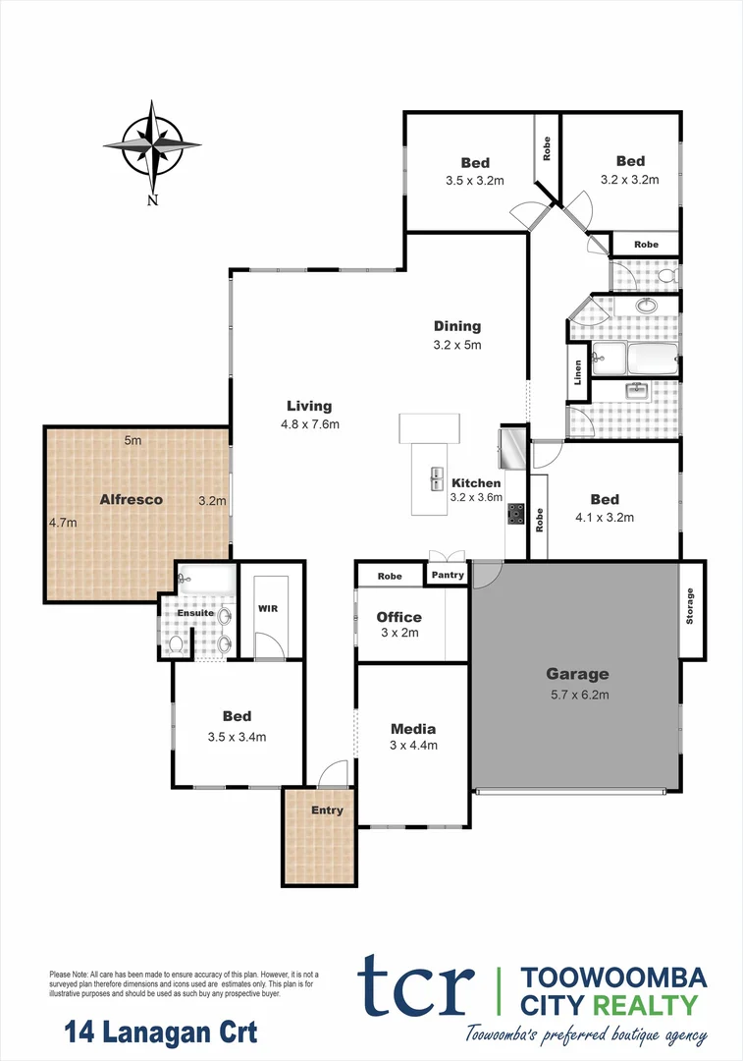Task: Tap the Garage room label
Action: click(x=577, y=674)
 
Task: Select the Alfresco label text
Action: click(x=131, y=499)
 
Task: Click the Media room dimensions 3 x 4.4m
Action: click(x=412, y=745)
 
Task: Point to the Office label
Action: click(x=398, y=617)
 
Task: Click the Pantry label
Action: click(x=448, y=575)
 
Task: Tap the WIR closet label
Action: click(x=267, y=609)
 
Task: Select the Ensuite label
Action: click(x=195, y=612)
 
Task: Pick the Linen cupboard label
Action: click(x=578, y=373)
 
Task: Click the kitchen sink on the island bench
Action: click(x=435, y=478)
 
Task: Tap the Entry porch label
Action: click(x=327, y=810)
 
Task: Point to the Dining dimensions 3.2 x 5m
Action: click(x=457, y=345)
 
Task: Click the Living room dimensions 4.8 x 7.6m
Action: click(x=308, y=424)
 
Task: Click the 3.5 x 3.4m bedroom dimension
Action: click(x=237, y=736)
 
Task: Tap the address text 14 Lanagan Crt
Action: click(x=161, y=1033)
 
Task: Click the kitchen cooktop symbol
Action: click(x=514, y=513)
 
